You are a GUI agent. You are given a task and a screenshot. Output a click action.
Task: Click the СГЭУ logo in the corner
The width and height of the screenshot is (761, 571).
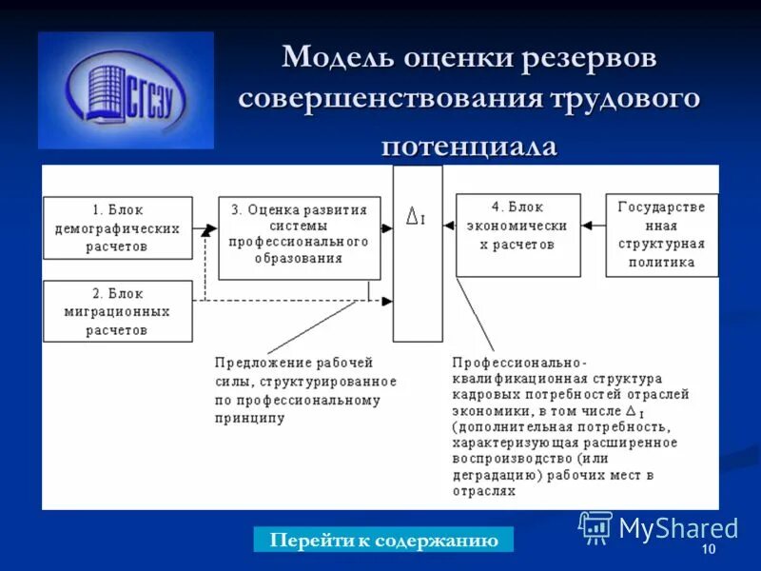click(126, 89)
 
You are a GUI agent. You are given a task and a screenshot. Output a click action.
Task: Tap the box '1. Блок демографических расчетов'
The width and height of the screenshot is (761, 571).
click(117, 228)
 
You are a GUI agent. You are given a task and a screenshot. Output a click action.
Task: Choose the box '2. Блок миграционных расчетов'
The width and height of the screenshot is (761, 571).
click(117, 310)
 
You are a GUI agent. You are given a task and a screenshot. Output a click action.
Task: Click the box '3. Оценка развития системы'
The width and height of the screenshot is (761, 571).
click(299, 238)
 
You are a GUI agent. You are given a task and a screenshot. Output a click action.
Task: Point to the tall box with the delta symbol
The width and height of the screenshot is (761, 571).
click(418, 253)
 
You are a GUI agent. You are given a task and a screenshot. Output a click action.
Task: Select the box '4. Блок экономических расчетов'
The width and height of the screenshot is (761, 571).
click(517, 235)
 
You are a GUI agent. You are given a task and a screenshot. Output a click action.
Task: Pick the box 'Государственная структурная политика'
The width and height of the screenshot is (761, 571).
click(662, 235)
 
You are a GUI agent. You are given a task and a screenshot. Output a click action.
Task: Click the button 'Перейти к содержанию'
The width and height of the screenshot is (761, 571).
click(383, 541)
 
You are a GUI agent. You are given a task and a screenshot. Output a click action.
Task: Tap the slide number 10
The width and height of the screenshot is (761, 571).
click(708, 551)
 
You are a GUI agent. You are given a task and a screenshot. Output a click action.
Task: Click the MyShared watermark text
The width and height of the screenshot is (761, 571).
click(677, 527)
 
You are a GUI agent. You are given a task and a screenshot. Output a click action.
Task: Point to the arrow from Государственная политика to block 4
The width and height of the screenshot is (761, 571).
click(593, 226)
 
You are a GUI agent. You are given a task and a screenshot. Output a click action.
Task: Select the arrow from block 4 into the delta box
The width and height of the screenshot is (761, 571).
click(449, 226)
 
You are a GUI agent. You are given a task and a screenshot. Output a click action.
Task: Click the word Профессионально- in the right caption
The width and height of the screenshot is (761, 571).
click(519, 363)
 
